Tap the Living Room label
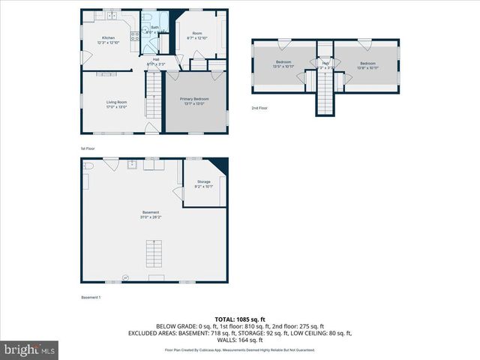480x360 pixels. click(115, 103)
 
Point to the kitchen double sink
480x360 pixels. click(111, 15)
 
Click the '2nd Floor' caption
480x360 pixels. click(259, 109)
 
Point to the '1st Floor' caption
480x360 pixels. click(88, 148)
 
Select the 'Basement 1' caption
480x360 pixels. click(91, 298)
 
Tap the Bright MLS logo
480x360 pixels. click(30, 349)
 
